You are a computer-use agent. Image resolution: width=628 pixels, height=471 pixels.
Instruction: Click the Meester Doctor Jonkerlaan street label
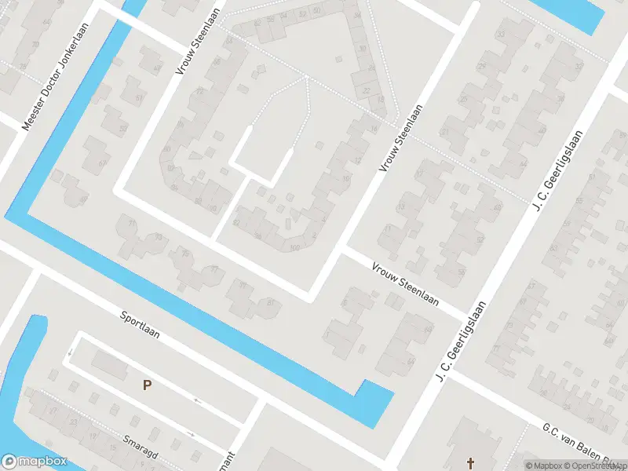click(x=56, y=76)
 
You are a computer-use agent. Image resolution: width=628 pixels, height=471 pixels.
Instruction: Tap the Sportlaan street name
click(x=140, y=323)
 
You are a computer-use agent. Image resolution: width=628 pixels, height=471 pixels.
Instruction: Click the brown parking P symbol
click(x=146, y=385)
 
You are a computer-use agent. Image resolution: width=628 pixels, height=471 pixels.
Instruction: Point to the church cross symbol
click(x=471, y=463)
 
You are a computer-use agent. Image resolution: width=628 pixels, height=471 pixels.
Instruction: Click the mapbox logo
click(x=34, y=462)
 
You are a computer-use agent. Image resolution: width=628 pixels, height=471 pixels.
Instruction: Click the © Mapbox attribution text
click(x=547, y=466)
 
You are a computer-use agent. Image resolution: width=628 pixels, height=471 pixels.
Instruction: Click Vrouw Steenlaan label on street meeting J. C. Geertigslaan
click(x=404, y=284)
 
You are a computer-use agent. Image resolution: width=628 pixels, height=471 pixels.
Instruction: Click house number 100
click(x=295, y=248)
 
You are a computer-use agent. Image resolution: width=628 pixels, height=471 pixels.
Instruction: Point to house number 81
click(x=272, y=303)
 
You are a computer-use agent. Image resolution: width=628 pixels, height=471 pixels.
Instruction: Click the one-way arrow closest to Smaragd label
click(x=191, y=433)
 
